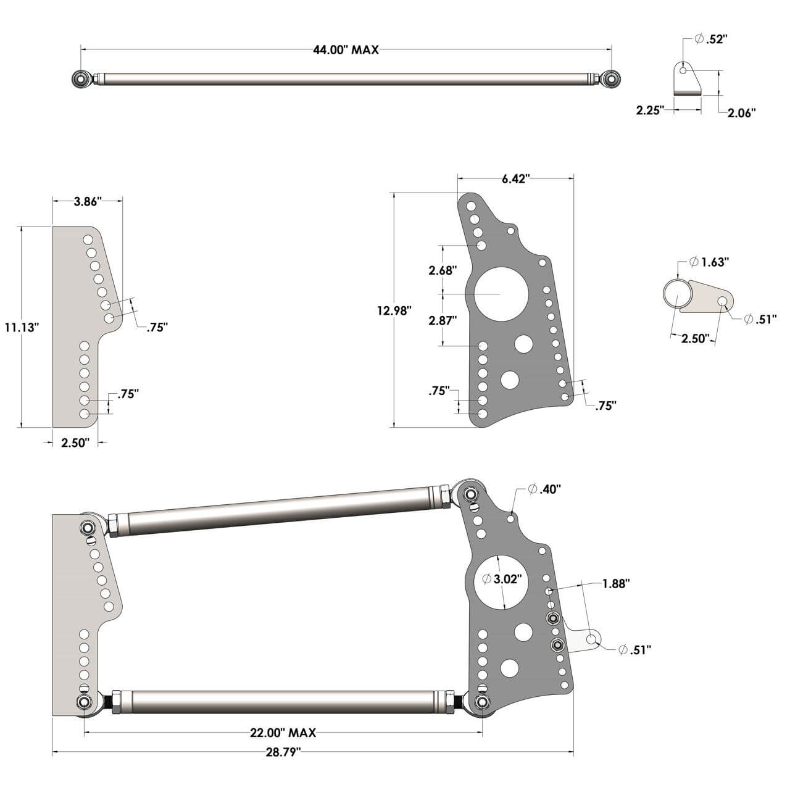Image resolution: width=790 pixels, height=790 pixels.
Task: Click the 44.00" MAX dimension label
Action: [x=346, y=51]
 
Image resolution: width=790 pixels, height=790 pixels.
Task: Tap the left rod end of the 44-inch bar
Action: [x=81, y=78]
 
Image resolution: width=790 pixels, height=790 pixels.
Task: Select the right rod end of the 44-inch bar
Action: [x=611, y=78]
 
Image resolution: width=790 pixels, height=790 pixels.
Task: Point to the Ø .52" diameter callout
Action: [x=710, y=39]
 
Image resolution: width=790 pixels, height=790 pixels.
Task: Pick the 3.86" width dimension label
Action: [x=88, y=201]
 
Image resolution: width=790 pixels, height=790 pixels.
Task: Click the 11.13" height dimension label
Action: [x=22, y=327]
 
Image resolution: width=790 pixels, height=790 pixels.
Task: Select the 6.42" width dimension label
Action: [x=516, y=179]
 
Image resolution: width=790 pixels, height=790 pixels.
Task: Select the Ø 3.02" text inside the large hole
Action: [x=503, y=579]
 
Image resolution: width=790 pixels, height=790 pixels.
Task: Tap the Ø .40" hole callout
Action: [x=544, y=489]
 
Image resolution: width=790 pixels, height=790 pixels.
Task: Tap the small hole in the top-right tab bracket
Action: [x=684, y=71]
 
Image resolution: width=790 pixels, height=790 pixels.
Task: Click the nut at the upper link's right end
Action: [x=470, y=494]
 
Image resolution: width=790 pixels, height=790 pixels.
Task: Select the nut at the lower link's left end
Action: [x=84, y=702]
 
